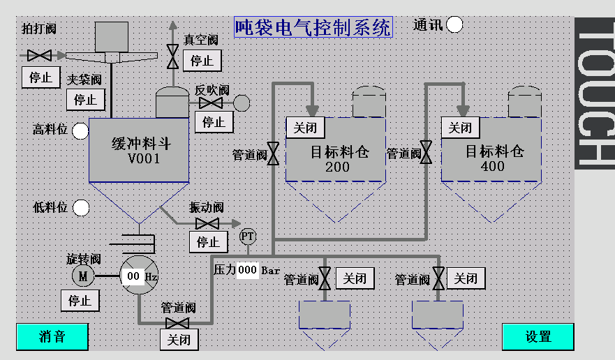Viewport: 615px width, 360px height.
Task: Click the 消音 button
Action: [x=52, y=336]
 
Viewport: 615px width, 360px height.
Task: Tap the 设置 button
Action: [x=538, y=336]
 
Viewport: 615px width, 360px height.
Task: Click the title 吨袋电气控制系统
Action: [x=313, y=27]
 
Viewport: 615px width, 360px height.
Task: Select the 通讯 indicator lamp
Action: [x=454, y=25]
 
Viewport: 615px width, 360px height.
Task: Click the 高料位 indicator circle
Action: [x=81, y=130]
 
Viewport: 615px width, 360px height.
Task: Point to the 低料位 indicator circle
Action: [x=81, y=208]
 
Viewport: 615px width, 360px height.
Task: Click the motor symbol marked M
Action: [x=83, y=276]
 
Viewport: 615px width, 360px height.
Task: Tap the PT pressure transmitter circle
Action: [x=248, y=237]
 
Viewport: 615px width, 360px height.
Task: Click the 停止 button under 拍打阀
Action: [x=40, y=77]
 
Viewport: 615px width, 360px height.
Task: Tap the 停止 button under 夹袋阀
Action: [x=86, y=99]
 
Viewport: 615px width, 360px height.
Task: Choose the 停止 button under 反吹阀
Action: [x=214, y=122]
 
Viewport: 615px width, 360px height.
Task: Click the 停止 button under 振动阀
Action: [x=208, y=242]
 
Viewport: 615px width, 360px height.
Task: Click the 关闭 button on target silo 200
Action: [x=305, y=128]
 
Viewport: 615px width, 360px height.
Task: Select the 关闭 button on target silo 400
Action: [x=460, y=128]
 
